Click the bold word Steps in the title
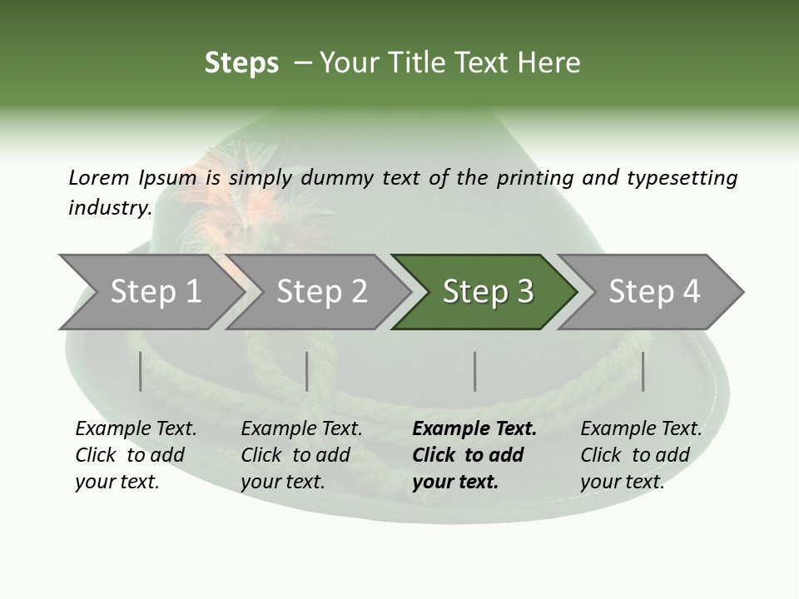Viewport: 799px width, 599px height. pyautogui.click(x=241, y=63)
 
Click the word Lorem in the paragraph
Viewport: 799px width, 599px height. pyautogui.click(x=99, y=177)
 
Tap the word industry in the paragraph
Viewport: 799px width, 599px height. pyautogui.click(x=109, y=207)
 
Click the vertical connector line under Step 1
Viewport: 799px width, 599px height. pyautogui.click(x=141, y=371)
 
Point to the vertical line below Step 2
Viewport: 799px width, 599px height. pyautogui.click(x=307, y=371)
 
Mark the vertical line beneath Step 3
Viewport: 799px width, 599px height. pyautogui.click(x=475, y=371)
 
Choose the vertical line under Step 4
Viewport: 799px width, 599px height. pyautogui.click(x=643, y=371)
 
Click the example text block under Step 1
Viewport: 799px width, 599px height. pyautogui.click(x=136, y=455)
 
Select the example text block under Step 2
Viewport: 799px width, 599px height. pyautogui.click(x=301, y=455)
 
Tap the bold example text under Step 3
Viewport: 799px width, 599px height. pyautogui.click(x=474, y=455)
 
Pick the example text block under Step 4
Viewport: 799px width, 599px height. pyautogui.click(x=641, y=455)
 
